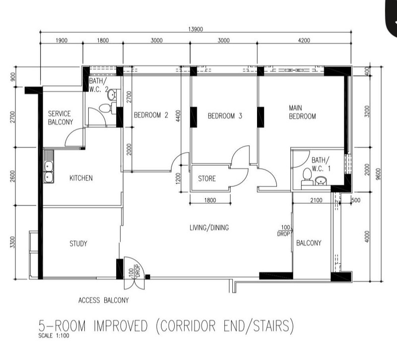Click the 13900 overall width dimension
(196, 29)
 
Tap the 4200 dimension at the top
(304, 40)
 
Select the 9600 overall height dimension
(378, 174)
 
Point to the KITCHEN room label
(81, 178)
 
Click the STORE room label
(207, 179)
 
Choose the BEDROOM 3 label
(225, 116)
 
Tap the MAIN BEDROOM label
(302, 112)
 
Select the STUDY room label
(78, 243)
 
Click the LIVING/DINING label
(209, 228)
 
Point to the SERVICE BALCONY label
(61, 118)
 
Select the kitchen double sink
(49, 167)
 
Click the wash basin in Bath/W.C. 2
(112, 95)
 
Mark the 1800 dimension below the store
(210, 200)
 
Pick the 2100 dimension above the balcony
(316, 200)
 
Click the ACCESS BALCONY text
(104, 300)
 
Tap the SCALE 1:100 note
(54, 336)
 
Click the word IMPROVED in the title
(121, 326)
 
